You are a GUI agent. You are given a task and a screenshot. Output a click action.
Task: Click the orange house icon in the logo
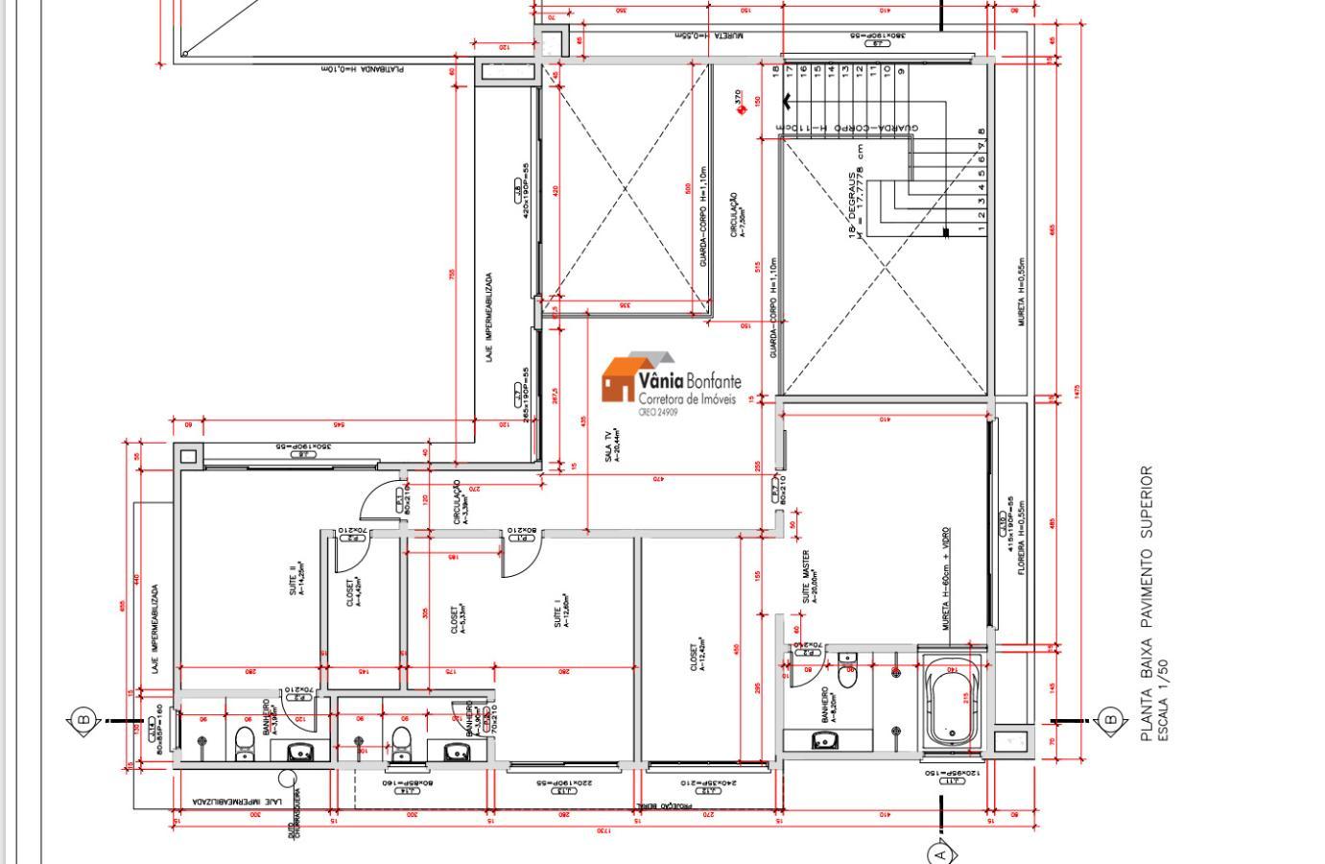[x=619, y=379]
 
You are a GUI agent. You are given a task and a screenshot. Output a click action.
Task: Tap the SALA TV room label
[x=612, y=447]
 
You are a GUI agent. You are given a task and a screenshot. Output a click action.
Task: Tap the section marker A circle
[x=940, y=852]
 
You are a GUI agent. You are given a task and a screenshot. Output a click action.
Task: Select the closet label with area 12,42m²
[x=698, y=654]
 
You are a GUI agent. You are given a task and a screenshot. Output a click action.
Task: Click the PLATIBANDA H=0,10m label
[x=362, y=69]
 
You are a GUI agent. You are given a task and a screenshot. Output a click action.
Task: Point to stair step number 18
[x=775, y=70]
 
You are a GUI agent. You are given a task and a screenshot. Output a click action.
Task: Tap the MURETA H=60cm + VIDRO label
[x=946, y=578]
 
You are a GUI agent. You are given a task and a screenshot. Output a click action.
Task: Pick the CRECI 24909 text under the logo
[x=658, y=412]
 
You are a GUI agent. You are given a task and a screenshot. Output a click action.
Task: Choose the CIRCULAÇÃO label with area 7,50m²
[x=738, y=216]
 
